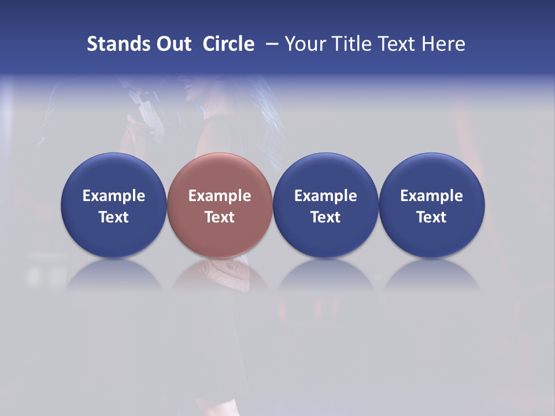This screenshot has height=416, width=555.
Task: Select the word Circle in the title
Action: (228, 44)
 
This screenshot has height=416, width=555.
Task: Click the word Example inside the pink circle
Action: (220, 196)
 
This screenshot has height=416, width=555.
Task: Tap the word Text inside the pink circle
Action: (220, 217)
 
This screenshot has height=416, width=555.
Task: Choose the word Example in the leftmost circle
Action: (114, 196)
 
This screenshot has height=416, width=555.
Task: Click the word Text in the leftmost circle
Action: (114, 217)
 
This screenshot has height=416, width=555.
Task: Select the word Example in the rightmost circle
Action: (431, 196)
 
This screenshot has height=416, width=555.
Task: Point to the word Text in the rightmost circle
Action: (431, 217)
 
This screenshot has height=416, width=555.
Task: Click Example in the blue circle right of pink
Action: (325, 196)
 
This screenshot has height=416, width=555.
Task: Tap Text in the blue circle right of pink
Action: (325, 217)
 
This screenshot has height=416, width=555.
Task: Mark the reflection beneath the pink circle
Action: (220, 274)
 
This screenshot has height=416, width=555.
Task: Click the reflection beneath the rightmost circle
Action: (431, 274)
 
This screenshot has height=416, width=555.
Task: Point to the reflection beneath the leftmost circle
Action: (114, 274)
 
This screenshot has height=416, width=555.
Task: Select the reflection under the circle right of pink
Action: (325, 274)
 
